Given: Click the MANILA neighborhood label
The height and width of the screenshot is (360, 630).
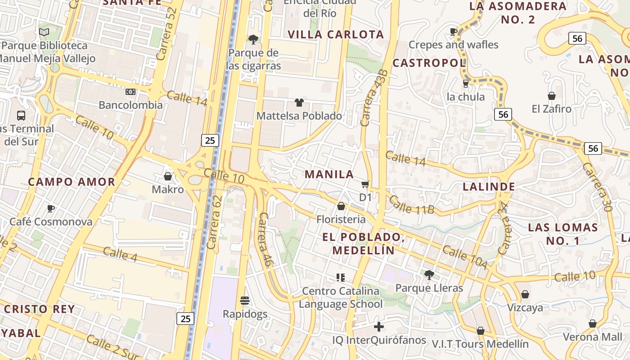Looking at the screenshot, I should (x=329, y=174).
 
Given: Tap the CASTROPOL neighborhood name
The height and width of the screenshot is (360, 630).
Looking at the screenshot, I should (x=429, y=63).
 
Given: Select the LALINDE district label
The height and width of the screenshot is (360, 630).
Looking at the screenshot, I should (x=489, y=187).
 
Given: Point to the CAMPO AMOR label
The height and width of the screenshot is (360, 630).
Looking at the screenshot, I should (x=72, y=182).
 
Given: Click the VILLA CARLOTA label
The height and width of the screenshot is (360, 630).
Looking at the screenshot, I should (x=336, y=35).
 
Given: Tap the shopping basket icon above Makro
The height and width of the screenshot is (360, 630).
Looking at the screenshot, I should (x=168, y=176).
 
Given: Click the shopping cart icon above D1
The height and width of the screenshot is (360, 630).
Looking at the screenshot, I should (x=365, y=184).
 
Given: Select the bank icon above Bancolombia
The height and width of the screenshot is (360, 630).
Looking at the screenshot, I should (x=130, y=92).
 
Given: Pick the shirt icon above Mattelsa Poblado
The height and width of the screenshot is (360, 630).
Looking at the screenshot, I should (x=299, y=103).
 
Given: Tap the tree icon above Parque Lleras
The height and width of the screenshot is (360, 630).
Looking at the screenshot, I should (x=429, y=274).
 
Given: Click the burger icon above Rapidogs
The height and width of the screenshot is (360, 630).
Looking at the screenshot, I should (x=245, y=300).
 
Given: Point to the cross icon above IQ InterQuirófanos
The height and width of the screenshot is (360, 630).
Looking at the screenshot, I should (x=379, y=326).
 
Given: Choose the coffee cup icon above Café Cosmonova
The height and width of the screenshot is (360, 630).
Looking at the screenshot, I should (x=51, y=208).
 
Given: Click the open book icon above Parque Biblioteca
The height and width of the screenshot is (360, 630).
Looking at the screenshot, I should (x=44, y=32).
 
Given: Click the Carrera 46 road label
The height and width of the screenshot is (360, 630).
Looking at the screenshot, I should (x=264, y=240).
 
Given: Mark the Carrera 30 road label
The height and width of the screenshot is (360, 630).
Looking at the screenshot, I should (x=597, y=187).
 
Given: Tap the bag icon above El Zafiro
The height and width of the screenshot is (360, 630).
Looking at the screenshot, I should (x=551, y=96).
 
